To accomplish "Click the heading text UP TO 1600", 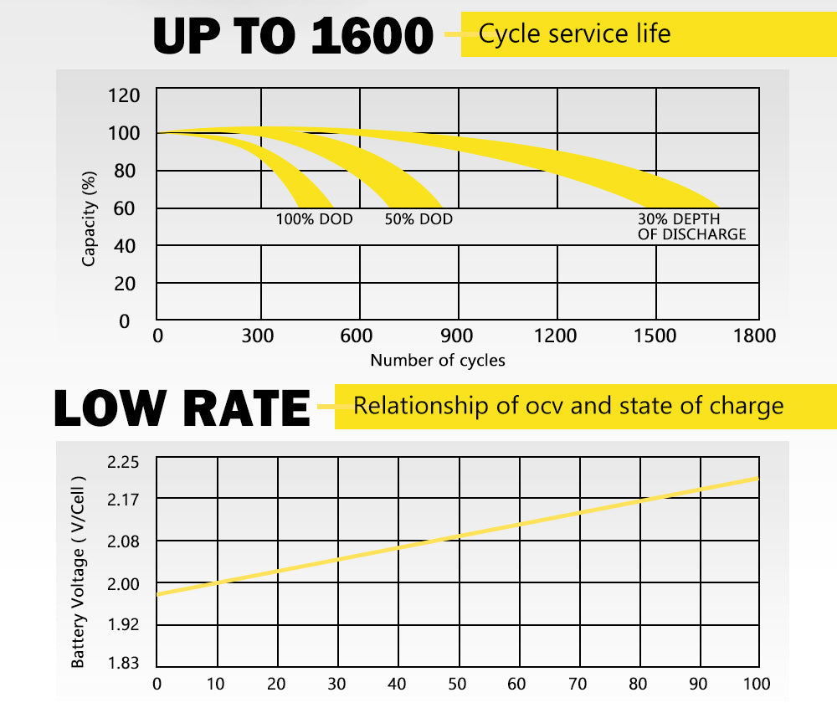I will (x=293, y=35).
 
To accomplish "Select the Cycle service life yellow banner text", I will (x=574, y=34).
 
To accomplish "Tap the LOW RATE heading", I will (x=182, y=408).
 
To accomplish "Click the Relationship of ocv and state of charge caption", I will (x=568, y=407).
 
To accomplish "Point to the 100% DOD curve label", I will (x=315, y=219).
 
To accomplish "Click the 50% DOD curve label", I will (x=418, y=219).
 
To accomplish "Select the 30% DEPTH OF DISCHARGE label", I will (x=691, y=227).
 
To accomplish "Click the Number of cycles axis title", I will (x=438, y=361).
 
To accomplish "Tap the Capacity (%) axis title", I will (x=90, y=218).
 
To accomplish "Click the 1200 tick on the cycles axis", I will (x=556, y=336).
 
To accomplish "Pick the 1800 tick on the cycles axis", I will (x=753, y=336).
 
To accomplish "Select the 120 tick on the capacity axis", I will (x=123, y=95).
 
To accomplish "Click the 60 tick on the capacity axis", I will (x=124, y=208).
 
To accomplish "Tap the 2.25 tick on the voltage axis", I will (x=124, y=462).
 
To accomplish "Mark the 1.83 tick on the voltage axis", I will (x=124, y=664).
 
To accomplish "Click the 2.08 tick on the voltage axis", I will (x=124, y=541).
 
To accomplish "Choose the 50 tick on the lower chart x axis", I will (x=457, y=684).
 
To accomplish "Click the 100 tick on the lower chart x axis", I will (x=757, y=684).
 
